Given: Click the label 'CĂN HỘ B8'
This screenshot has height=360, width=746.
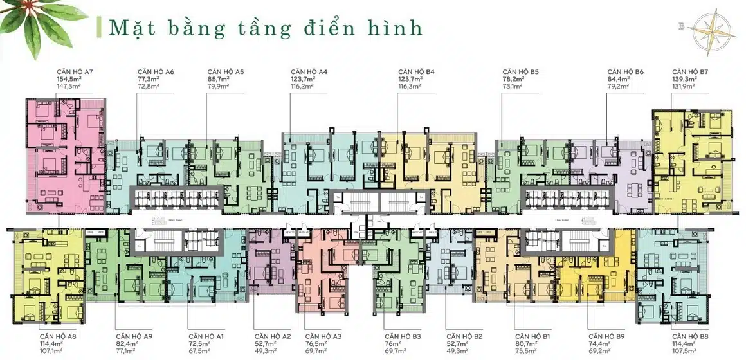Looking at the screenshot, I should (x=689, y=336).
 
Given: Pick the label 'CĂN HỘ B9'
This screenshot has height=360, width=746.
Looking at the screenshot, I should (x=606, y=336).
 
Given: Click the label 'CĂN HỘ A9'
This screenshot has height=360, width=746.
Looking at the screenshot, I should (x=134, y=336).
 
